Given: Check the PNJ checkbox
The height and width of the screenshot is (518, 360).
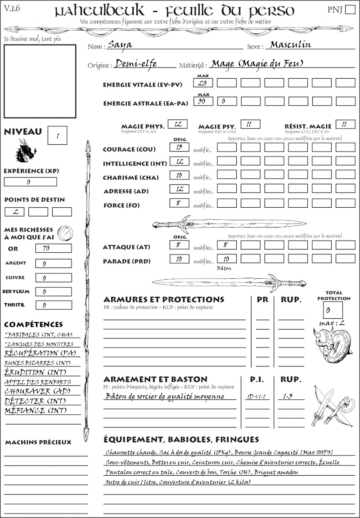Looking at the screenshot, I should [x=349, y=10].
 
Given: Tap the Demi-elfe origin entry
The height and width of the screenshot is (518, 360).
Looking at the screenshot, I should [x=136, y=64].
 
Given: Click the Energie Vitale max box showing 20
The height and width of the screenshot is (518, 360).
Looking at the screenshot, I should [x=203, y=83].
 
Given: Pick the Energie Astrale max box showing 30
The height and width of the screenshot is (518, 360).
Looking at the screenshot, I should [x=203, y=101].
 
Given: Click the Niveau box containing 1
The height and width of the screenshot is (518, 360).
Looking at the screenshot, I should [x=58, y=134].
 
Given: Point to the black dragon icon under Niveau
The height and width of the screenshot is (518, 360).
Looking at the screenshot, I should [x=26, y=151].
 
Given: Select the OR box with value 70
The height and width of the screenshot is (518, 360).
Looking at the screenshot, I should [x=53, y=248].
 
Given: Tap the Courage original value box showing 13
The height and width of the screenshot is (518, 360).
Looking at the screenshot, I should [x=179, y=147].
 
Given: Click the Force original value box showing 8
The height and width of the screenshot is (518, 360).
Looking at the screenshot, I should [x=179, y=203].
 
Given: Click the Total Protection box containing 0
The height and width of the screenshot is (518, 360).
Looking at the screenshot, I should [x=333, y=310].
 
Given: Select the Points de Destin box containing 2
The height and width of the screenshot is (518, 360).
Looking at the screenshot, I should [x=14, y=212].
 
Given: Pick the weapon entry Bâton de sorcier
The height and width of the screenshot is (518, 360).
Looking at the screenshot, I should [x=164, y=397].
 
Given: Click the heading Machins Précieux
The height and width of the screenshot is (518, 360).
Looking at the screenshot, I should [x=38, y=442].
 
